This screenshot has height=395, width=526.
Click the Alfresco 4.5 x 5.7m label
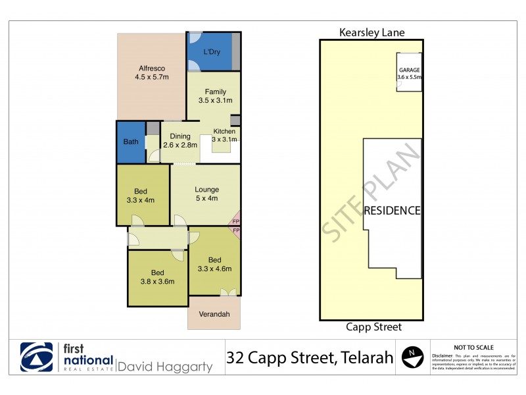(x=151, y=72)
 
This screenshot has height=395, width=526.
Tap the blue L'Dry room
(x=210, y=51)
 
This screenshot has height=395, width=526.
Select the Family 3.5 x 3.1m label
(x=215, y=96)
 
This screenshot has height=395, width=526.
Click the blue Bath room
(x=131, y=142)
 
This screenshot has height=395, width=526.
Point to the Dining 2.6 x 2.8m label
(x=179, y=140)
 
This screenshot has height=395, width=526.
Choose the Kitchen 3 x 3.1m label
(x=224, y=135)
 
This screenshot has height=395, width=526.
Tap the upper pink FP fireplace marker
(x=236, y=223)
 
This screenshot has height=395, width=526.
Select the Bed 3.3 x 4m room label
(x=141, y=196)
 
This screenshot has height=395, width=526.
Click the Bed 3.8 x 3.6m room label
(x=157, y=276)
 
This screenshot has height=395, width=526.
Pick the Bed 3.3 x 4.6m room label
(x=214, y=263)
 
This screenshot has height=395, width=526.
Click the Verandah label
(x=214, y=314)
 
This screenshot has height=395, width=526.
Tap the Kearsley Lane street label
(x=371, y=32)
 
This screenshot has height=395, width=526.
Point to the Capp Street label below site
(x=372, y=327)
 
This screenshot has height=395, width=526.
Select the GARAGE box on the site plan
(x=409, y=73)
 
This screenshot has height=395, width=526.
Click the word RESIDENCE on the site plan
(x=393, y=211)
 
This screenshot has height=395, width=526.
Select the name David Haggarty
(x=165, y=365)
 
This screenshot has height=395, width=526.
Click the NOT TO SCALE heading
(x=473, y=347)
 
